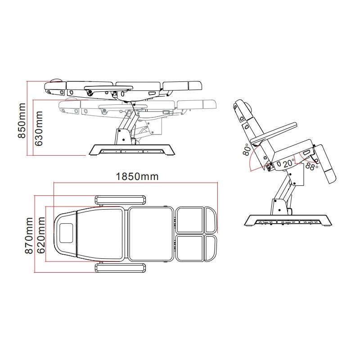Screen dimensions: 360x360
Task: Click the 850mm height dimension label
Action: [x=22, y=121]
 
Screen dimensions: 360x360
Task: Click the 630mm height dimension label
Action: [x=39, y=129]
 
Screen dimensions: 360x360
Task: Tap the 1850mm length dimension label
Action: [x=137, y=176]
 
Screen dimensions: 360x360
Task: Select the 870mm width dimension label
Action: [x=29, y=235]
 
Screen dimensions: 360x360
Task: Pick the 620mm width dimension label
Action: [x=41, y=235]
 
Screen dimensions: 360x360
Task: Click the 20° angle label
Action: [x=288, y=163]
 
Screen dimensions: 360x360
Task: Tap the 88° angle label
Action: [x=311, y=166]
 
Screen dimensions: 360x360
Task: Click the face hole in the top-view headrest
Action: [x=66, y=233]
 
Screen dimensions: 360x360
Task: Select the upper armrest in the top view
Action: [x=120, y=200]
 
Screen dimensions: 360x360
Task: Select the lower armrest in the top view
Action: [x=121, y=268]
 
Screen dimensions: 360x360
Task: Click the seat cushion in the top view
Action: [x=151, y=234]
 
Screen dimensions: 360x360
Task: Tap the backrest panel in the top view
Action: [x=100, y=234]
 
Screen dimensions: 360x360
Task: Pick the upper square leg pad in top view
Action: [x=190, y=220]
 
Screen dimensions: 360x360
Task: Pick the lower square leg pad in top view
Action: [x=190, y=248]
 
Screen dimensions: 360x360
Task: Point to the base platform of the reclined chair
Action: [x=288, y=220]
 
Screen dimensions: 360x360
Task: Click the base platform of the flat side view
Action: [x=131, y=150]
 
